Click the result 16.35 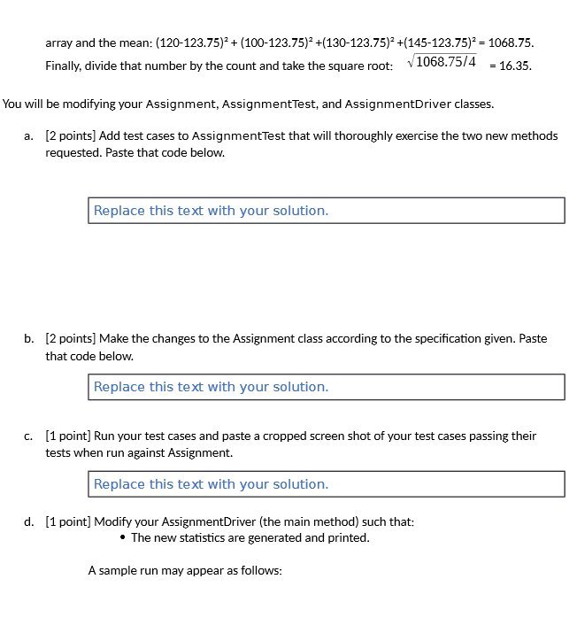pos(515,66)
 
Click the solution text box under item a pos(326,211)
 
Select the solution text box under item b pos(326,387)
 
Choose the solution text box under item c pos(326,484)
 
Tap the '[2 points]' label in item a pos(71,135)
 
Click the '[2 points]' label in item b pos(71,338)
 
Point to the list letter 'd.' pos(30,521)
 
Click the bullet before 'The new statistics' pos(122,538)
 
